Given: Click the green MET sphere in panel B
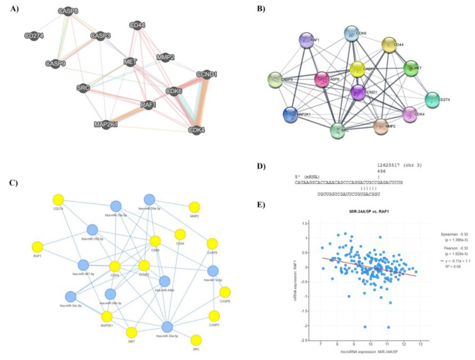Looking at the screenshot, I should [x=412, y=67].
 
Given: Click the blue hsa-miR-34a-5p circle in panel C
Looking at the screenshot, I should [x=167, y=327].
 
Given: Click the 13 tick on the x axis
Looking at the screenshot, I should [x=419, y=344].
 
